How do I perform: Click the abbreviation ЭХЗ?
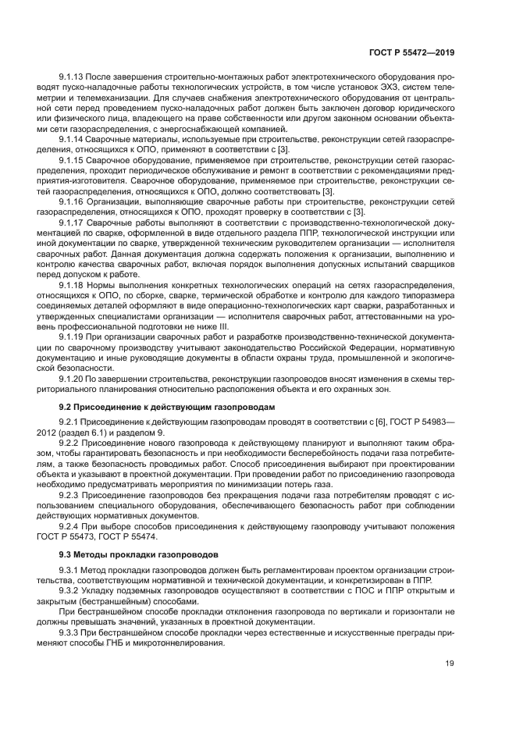(356, 88)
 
